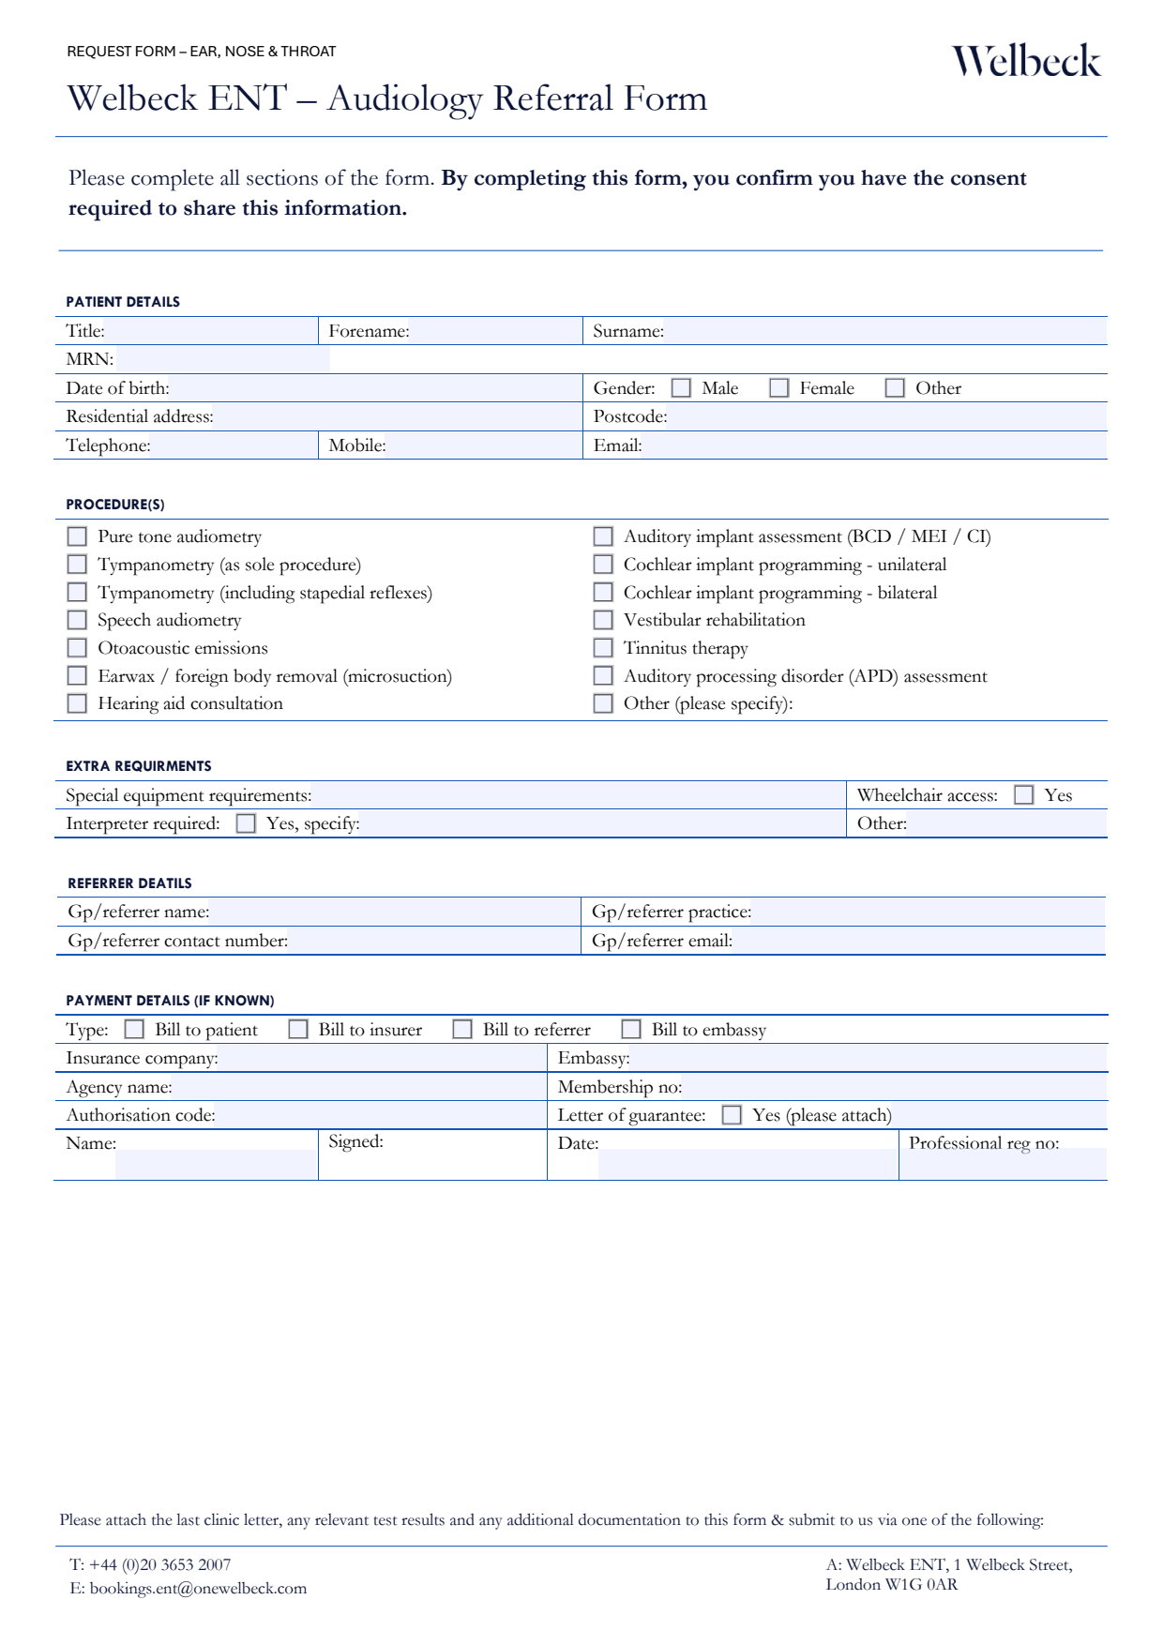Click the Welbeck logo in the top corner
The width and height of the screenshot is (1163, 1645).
point(1026,62)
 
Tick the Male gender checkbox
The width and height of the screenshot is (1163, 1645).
point(681,388)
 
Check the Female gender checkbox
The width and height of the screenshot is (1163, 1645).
point(778,388)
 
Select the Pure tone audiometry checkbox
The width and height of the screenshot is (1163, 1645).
point(77,536)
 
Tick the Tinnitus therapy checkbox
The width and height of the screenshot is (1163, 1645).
point(603,648)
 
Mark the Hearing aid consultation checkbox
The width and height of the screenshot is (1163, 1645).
point(77,703)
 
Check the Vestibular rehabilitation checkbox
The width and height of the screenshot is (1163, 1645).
point(603,620)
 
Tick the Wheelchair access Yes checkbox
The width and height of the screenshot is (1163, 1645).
point(1024,795)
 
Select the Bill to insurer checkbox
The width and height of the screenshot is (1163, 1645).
point(298,1030)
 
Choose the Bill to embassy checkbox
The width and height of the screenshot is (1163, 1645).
point(631,1030)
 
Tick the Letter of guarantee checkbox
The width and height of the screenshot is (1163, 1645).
point(732,1115)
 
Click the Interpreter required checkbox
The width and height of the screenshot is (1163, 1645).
point(246,823)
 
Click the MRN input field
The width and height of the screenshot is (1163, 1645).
point(222,359)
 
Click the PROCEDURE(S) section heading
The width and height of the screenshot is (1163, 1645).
point(115,505)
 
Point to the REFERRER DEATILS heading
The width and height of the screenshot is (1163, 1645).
point(129,883)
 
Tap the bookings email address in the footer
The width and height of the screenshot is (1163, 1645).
point(198,1589)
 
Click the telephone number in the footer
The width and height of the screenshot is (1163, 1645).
point(159,1564)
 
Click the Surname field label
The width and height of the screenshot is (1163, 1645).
point(628,331)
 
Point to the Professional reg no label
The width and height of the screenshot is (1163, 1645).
point(984,1143)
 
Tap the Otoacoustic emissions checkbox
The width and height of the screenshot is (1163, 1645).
point(77,648)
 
